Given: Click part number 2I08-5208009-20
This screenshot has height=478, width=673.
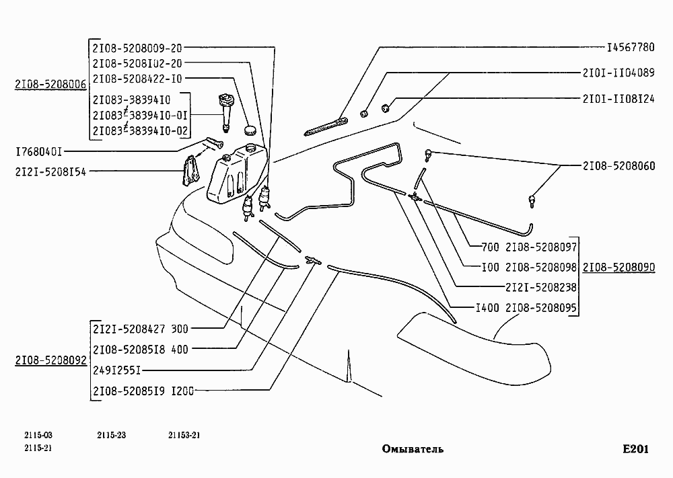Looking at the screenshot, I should [x=137, y=48].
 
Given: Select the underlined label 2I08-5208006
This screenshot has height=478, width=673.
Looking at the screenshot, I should [x=50, y=85].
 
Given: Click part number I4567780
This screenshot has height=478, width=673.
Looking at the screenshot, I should [x=630, y=48].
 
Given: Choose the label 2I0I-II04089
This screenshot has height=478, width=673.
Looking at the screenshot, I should [x=618, y=72].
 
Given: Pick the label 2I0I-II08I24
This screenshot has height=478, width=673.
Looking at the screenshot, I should [x=618, y=97].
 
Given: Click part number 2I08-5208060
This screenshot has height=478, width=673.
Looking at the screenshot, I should [x=618, y=165].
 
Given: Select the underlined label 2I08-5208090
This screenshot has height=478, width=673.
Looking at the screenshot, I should [x=618, y=267].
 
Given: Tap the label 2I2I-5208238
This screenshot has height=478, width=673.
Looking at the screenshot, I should [x=540, y=286].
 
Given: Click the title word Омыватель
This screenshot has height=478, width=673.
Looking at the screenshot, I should [x=413, y=448].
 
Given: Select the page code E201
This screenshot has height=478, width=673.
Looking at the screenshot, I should [x=635, y=449].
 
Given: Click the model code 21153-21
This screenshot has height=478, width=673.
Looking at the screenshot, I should [x=184, y=435].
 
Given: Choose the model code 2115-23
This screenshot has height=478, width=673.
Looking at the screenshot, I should [x=112, y=435].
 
